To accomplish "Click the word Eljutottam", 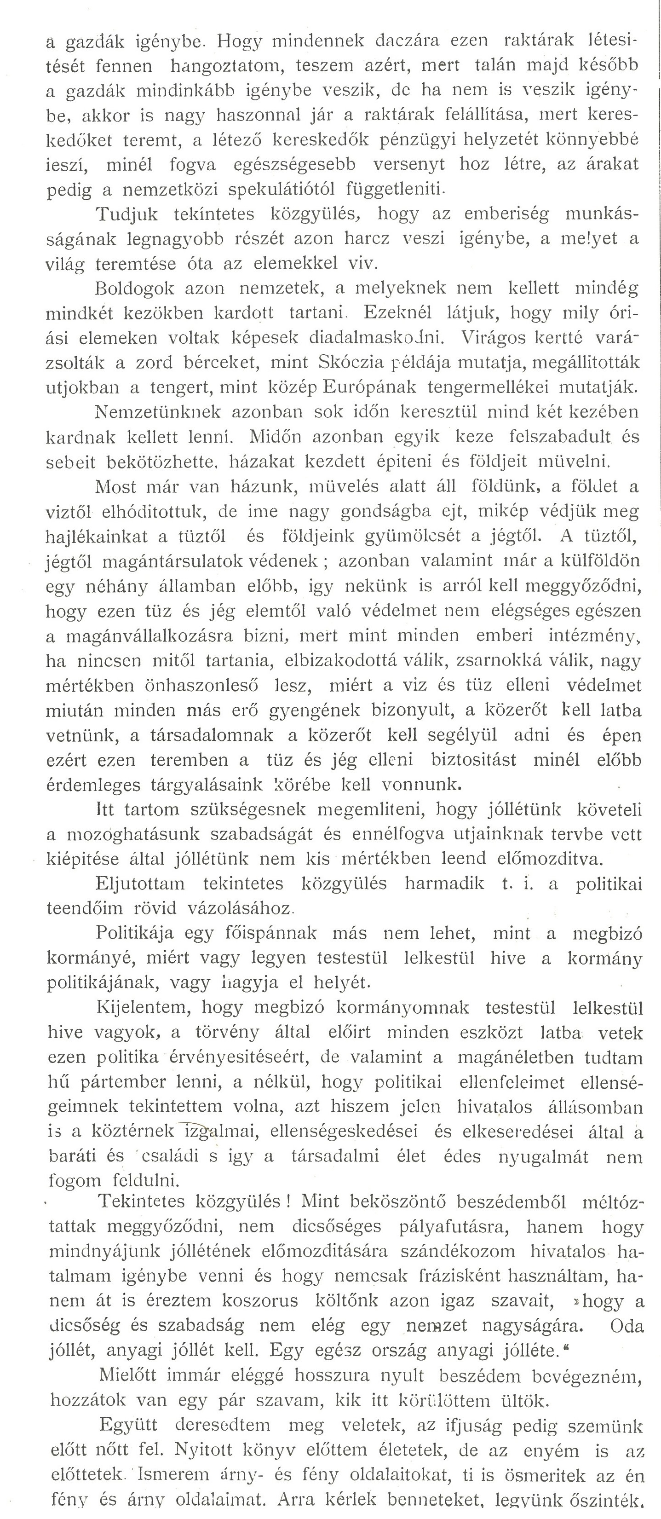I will [x=140, y=884].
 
